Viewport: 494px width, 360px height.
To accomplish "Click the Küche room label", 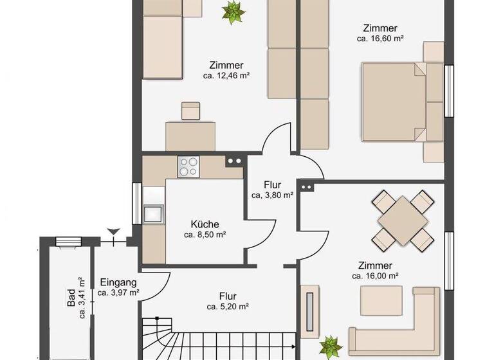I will (205, 224).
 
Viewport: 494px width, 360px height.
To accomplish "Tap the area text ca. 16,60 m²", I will (380, 39).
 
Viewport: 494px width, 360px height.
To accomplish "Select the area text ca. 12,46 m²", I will (226, 76).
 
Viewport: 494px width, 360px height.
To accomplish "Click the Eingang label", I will (118, 282).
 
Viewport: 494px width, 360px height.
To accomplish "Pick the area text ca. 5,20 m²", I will (228, 307).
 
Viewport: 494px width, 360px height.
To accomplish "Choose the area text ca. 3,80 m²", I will (272, 195).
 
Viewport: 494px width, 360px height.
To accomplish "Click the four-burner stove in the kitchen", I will (188, 167).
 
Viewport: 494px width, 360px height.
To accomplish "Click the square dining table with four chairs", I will (403, 221).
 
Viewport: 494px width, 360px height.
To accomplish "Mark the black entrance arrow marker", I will (114, 231).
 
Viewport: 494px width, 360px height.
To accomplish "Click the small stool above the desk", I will (190, 111).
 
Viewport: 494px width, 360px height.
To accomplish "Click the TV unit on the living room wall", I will (309, 310).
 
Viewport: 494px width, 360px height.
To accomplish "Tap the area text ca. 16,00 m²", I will (376, 276).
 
